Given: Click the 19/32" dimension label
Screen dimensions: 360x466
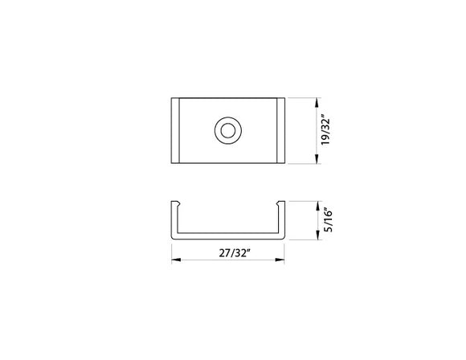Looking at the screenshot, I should pos(325,131).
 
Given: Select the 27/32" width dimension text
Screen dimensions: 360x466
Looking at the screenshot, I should pos(230,252).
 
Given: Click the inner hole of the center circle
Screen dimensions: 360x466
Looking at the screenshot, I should pos(229,130).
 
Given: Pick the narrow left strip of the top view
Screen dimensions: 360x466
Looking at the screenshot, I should pos(176,130).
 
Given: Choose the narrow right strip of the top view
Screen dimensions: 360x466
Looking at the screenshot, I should pos(281,130).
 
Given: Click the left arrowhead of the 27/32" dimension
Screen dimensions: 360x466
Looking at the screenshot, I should pos(175,260).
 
